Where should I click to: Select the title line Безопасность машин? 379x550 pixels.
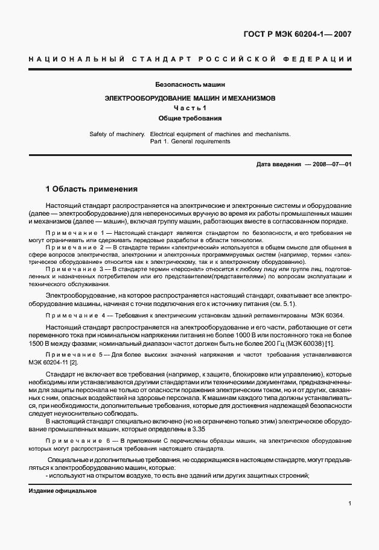click(190, 85)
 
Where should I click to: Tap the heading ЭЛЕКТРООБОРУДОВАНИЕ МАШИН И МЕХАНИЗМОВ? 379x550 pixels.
click(190, 97)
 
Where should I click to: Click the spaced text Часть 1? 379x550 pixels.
click(190, 107)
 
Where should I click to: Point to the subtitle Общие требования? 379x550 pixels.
click(190, 118)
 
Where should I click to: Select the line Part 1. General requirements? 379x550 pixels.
click(190, 142)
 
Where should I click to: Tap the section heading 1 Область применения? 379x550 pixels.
click(92, 188)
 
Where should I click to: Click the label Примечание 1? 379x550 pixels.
click(71, 232)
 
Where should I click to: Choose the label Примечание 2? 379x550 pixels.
click(71, 248)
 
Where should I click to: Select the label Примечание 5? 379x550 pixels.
click(71, 355)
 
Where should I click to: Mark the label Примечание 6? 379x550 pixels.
click(71, 442)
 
